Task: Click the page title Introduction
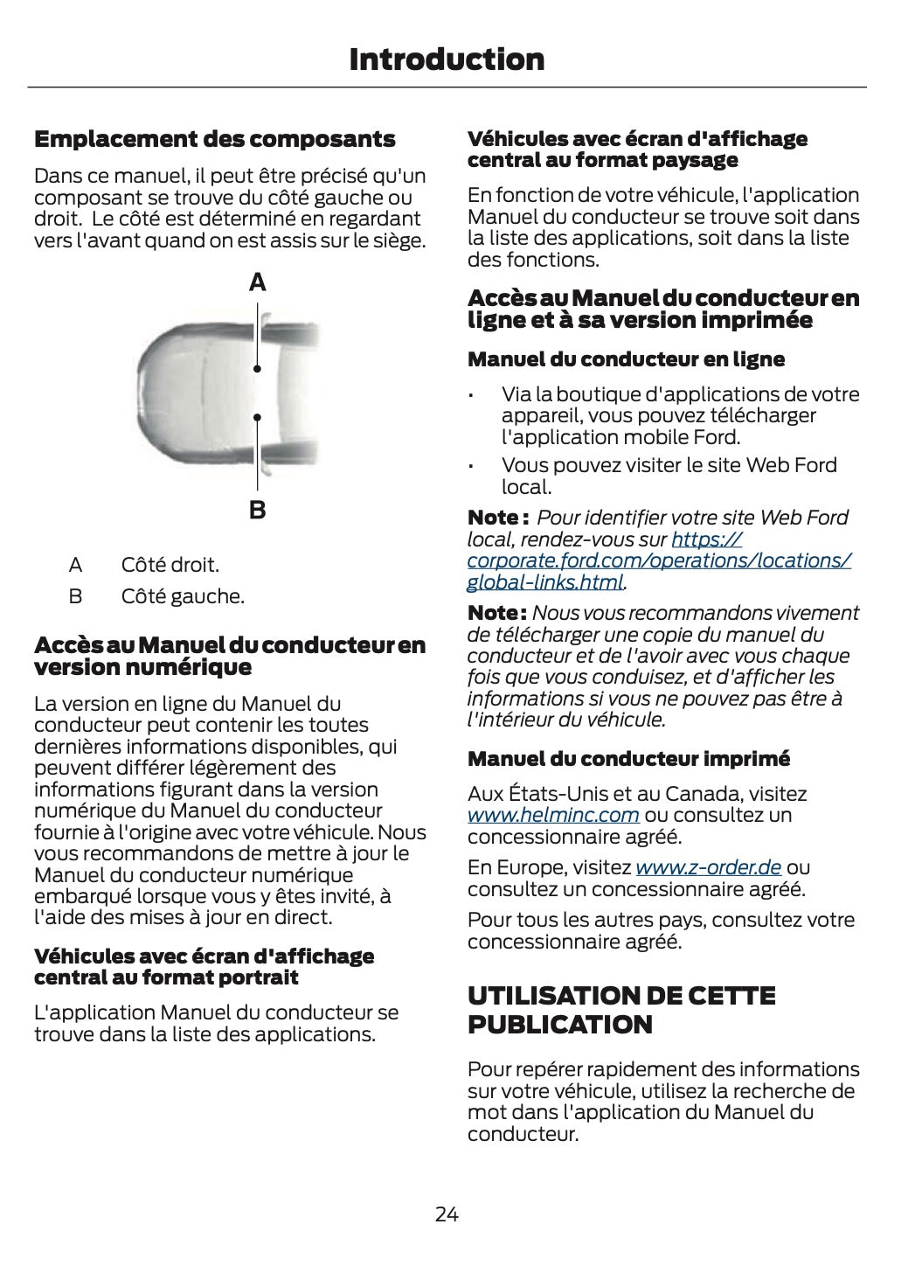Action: (x=447, y=59)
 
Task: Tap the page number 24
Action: (x=447, y=1214)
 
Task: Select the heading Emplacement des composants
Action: (x=214, y=139)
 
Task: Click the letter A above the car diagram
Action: (x=258, y=282)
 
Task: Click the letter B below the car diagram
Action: (x=258, y=509)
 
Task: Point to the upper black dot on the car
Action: (x=258, y=369)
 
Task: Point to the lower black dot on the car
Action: (x=258, y=418)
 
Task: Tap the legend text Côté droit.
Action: (x=170, y=565)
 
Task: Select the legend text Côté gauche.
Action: (x=183, y=597)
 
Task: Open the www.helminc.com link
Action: (x=553, y=816)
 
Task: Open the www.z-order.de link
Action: (x=708, y=867)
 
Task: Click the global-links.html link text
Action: (x=545, y=582)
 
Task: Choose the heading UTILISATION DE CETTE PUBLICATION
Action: (x=621, y=1010)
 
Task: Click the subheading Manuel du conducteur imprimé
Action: (x=628, y=759)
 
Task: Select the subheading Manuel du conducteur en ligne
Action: (x=626, y=359)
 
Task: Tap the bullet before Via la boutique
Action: (x=471, y=396)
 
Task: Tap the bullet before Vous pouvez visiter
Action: (x=471, y=467)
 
